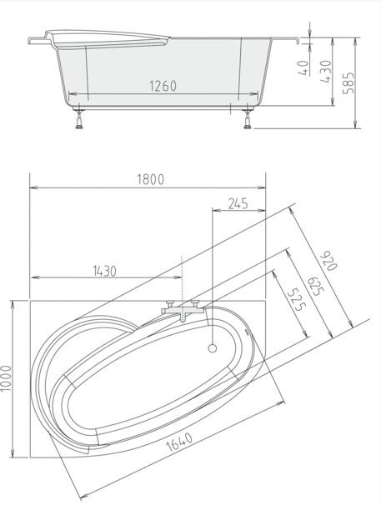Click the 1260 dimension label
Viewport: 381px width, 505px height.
coord(163,86)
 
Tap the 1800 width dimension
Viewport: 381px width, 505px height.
coord(151,179)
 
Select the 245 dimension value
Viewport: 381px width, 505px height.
coord(238,203)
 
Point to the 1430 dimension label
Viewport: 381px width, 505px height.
coord(105,271)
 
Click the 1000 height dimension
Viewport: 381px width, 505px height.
coord(6,378)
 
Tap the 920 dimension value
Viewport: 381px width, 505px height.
coord(328,261)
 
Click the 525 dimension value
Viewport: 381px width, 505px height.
coord(297,300)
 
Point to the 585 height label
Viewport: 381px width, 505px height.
coord(348,83)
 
